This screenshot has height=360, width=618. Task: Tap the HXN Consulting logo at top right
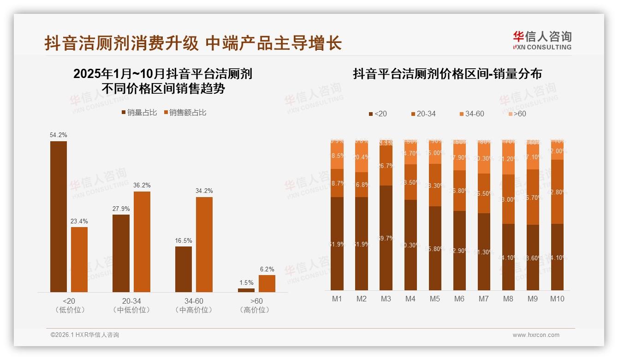[542, 40]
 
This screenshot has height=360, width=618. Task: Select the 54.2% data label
[59, 135]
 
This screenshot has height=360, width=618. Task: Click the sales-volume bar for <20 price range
[59, 216]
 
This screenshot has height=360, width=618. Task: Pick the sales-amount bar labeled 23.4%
[79, 259]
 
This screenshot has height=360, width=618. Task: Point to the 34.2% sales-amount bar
[204, 244]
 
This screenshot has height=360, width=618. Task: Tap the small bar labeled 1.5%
[246, 290]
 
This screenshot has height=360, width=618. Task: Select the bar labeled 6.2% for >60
[267, 283]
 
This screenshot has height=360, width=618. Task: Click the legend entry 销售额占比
[185, 113]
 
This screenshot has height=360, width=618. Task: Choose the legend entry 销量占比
[139, 113]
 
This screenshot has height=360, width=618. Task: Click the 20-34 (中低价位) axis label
[131, 305]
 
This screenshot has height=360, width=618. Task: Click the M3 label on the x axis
[386, 299]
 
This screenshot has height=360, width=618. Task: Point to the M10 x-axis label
[557, 299]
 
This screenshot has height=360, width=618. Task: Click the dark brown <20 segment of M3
[386, 238]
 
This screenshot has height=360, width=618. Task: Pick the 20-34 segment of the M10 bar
[557, 192]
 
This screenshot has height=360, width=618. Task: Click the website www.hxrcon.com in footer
[536, 335]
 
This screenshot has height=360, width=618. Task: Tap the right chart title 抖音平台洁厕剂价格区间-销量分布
[447, 74]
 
